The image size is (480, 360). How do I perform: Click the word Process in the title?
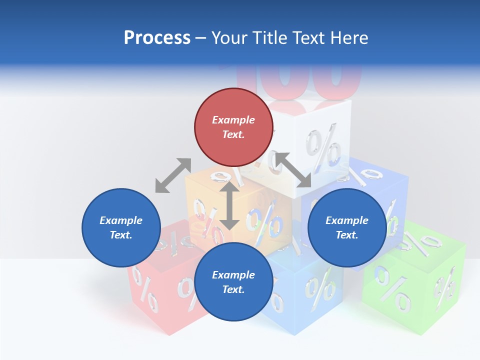[157, 38]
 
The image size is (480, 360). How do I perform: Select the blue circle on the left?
[121, 227]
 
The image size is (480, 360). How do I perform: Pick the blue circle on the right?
[347, 227]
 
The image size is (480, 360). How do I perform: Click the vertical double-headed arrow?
[229, 205]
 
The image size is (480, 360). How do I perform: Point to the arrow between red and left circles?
[173, 175]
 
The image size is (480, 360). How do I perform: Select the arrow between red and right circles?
[292, 170]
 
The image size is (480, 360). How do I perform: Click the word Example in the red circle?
[233, 120]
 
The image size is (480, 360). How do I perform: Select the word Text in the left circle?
[120, 235]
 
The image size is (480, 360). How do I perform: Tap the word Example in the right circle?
[347, 220]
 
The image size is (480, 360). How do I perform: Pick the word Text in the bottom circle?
[233, 289]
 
